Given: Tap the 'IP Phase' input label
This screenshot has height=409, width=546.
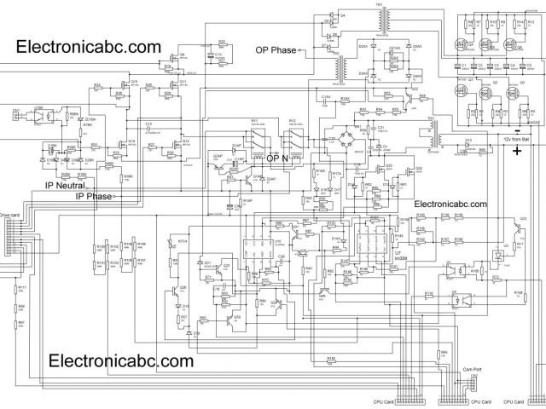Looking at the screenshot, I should click(93, 196).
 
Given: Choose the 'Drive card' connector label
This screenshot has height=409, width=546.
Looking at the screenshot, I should click(9, 216).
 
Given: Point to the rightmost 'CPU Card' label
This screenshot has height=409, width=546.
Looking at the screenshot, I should click(514, 401).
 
